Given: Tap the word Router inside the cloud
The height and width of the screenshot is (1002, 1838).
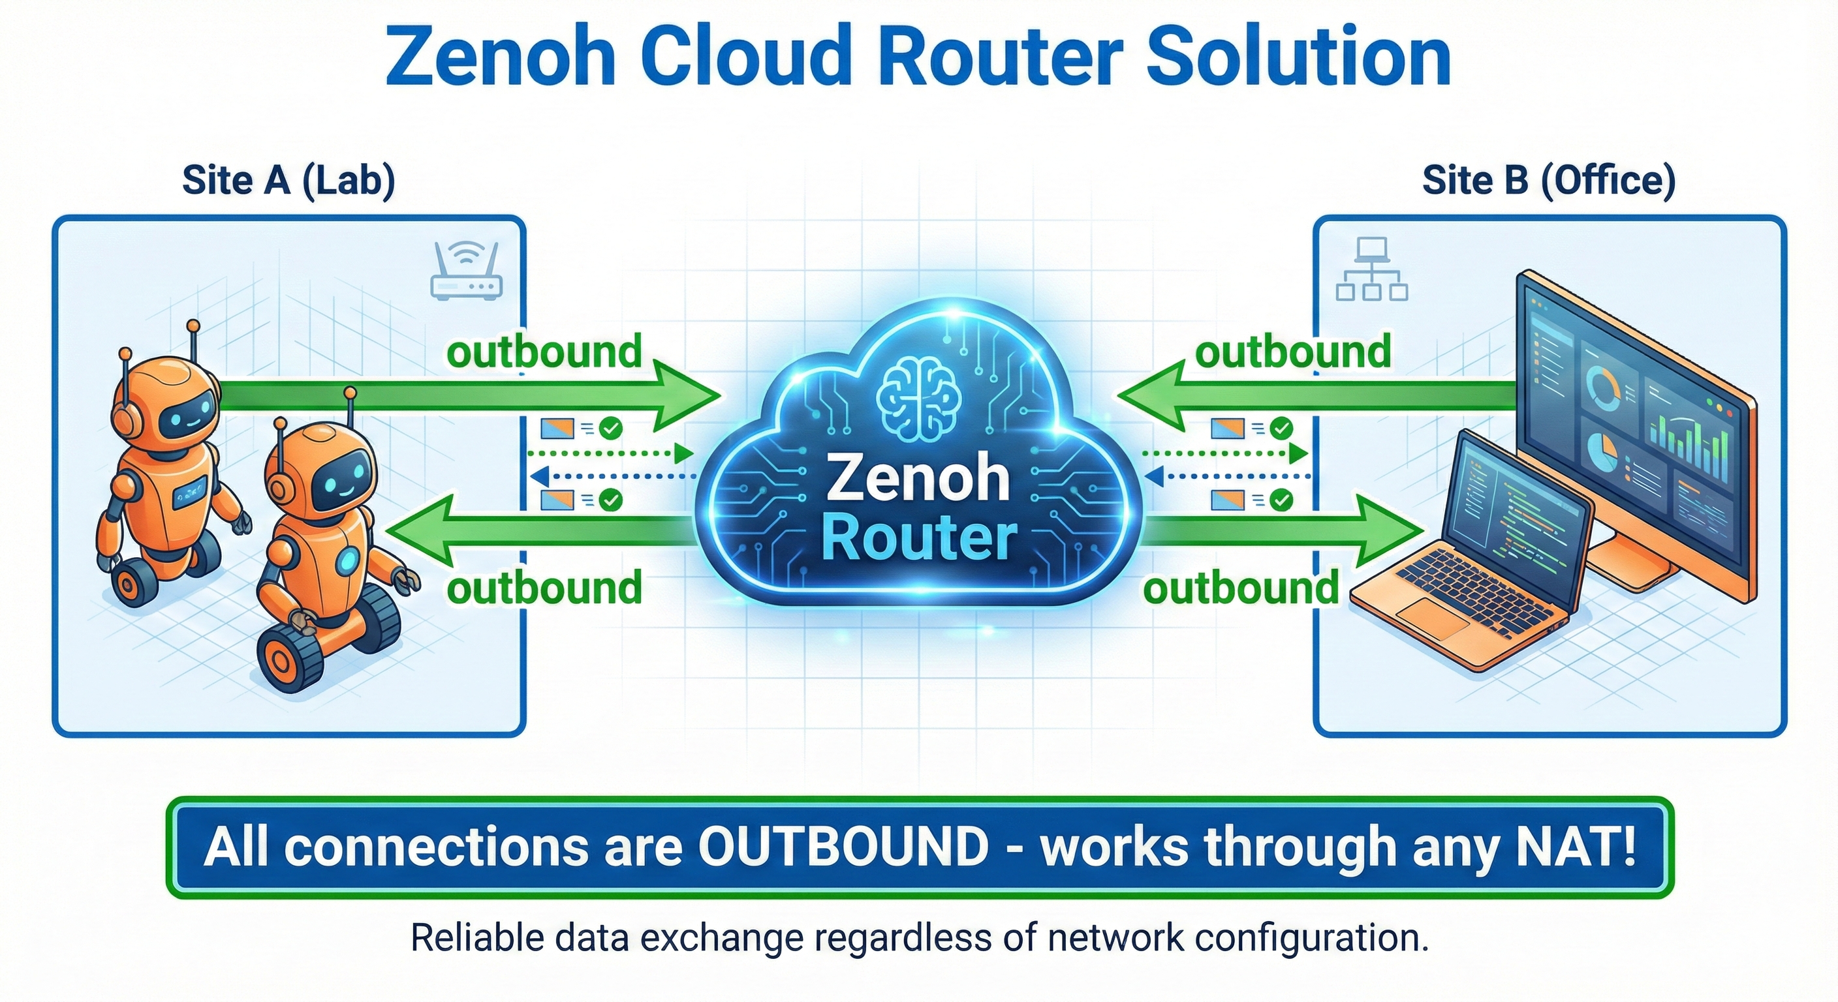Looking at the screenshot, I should coord(919,538).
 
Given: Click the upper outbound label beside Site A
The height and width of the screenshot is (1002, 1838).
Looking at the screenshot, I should coord(544,352).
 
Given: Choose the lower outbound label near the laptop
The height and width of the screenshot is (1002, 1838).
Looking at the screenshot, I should coord(1241,588).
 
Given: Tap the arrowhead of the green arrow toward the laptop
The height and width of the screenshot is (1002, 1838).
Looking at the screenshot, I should coord(1388,531).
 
